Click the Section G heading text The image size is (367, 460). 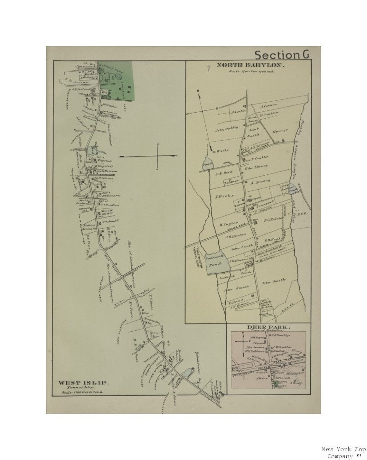pos(282,55)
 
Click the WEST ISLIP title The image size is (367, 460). pos(83,383)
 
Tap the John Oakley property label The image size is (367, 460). pos(227,128)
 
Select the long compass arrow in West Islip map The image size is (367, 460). pos(148,156)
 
